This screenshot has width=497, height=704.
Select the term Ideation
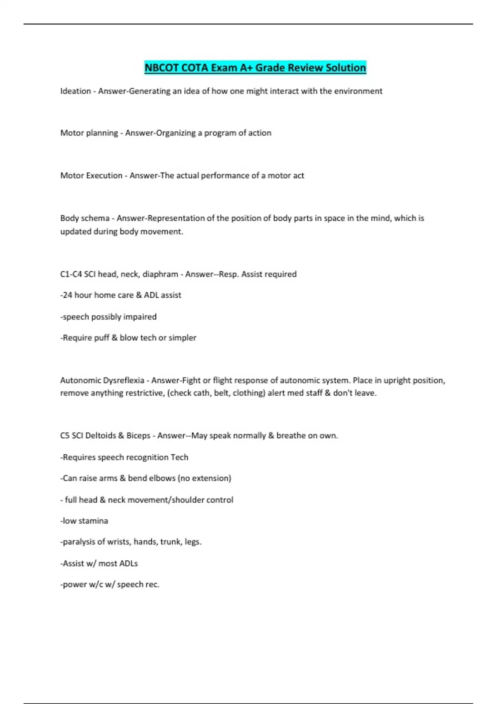(x=75, y=91)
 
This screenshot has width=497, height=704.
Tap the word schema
(x=95, y=218)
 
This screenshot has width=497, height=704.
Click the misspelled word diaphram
(x=160, y=274)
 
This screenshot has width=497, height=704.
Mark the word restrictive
(x=142, y=393)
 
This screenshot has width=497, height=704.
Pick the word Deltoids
(x=100, y=436)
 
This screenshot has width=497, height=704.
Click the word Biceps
(x=138, y=436)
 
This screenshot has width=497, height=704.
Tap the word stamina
(x=92, y=521)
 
